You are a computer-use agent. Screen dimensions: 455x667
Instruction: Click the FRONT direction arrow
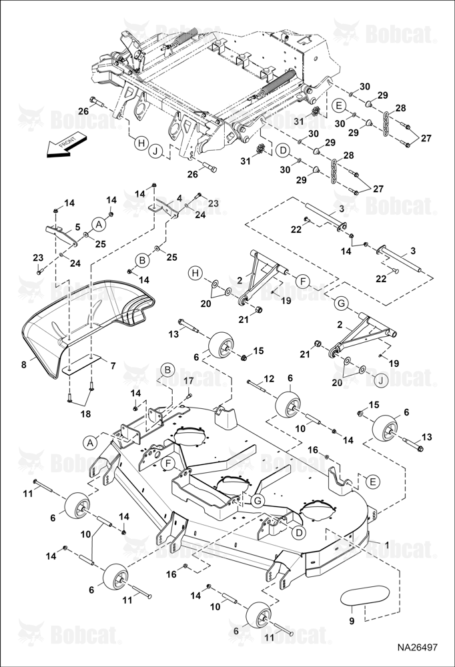(66, 146)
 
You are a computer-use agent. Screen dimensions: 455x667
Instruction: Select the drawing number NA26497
(417, 648)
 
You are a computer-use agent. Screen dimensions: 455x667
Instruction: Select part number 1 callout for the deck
(386, 544)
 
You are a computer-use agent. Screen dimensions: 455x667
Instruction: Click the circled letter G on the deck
(257, 501)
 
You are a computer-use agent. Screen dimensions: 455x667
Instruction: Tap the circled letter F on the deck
(169, 463)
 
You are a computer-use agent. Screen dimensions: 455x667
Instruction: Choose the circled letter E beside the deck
(373, 482)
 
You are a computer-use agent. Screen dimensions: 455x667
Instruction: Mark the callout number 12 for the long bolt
(269, 379)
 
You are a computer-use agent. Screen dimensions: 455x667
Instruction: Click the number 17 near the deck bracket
(188, 381)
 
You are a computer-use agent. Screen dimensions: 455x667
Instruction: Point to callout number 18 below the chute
(85, 414)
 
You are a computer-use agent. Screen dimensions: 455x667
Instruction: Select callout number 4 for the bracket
(179, 198)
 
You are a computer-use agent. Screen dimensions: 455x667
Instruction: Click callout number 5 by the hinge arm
(77, 227)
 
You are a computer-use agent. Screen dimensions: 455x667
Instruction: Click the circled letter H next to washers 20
(195, 273)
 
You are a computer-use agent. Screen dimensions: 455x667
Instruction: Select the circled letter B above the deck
(167, 370)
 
